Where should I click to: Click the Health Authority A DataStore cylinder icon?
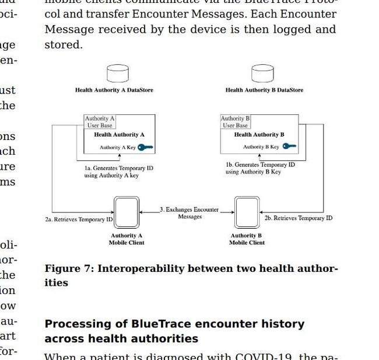tap(118, 74)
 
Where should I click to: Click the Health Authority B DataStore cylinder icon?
tap(262, 74)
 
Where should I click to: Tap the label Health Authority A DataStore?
tap(114, 90)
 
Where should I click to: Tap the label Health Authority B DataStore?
tap(264, 90)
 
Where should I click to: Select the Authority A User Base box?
tap(100, 122)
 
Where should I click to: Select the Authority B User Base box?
tap(235, 122)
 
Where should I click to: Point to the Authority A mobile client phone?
tap(127, 212)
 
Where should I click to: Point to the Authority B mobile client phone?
tap(247, 212)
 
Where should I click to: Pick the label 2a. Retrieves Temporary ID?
tap(79, 220)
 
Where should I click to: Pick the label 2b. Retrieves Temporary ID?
tap(299, 218)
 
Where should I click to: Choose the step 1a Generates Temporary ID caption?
tap(118, 172)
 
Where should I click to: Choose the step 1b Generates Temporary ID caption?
tap(260, 168)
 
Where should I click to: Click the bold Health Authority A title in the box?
tap(120, 135)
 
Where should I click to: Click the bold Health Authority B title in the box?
tap(259, 135)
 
